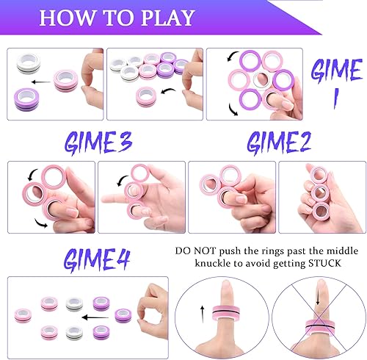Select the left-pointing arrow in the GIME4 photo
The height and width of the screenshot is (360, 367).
pos(93,317)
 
